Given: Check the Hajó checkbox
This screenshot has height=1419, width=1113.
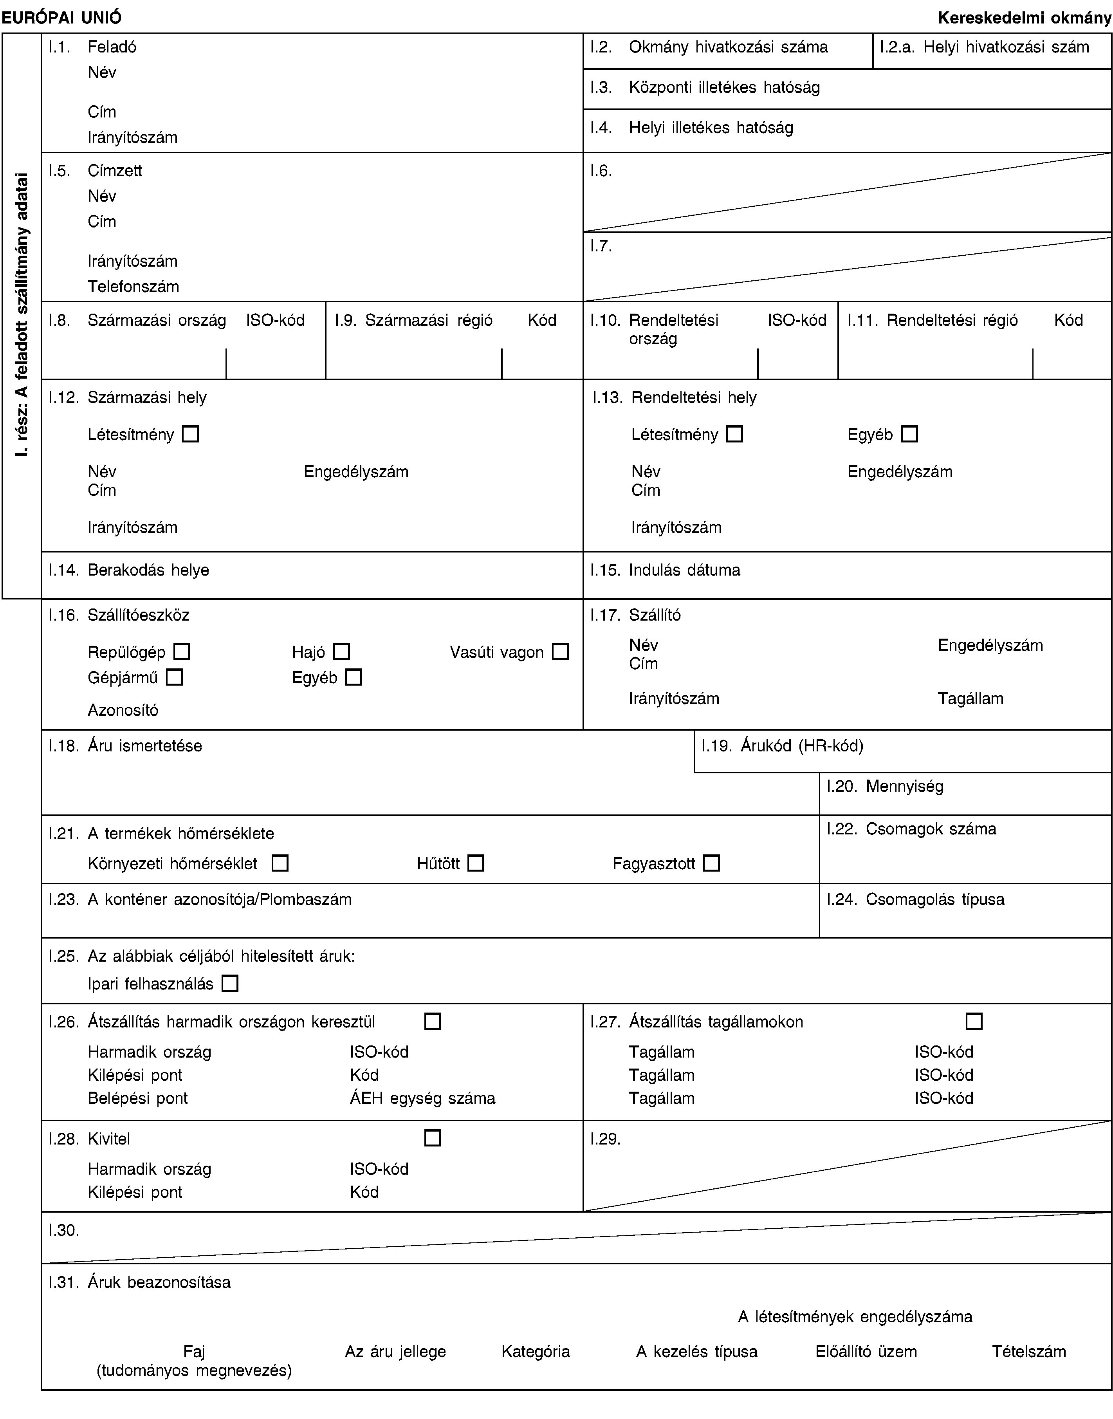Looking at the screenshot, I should click(x=341, y=651).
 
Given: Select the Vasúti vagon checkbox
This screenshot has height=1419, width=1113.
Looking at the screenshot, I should click(x=560, y=651).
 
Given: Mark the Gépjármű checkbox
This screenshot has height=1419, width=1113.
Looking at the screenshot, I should click(x=174, y=677).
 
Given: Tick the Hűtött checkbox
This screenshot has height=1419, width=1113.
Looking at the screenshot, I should click(x=476, y=864).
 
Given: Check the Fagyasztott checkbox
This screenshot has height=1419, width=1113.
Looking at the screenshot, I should click(x=712, y=864).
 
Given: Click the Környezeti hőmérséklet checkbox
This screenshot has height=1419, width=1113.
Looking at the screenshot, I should click(x=280, y=864).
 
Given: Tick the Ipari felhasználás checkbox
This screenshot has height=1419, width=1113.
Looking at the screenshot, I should click(x=229, y=983).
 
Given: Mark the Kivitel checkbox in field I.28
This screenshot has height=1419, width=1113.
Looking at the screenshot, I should click(x=433, y=1138).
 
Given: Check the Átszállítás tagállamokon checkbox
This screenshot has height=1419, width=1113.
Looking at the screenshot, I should click(x=974, y=1021).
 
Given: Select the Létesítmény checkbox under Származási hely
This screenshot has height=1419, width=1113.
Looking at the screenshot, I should click(x=190, y=434).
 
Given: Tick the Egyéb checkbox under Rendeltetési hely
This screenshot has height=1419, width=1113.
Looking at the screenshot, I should click(x=910, y=434).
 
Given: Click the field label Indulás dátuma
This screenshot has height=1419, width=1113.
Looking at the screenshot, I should click(x=684, y=570).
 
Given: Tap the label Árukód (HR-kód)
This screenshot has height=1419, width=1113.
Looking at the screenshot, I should click(x=801, y=746).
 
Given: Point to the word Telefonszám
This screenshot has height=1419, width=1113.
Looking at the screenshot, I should click(x=133, y=286).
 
